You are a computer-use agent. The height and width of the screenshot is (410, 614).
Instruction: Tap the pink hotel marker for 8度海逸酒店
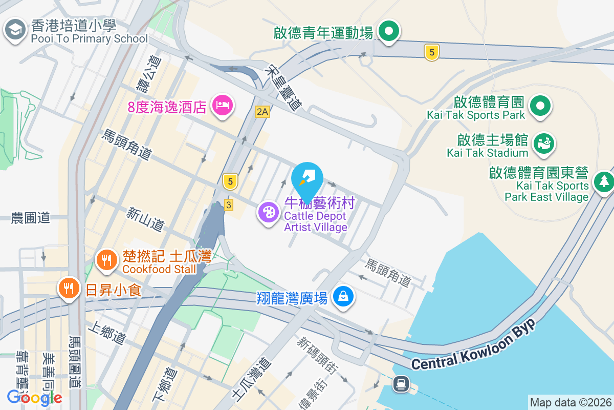tap(222, 106)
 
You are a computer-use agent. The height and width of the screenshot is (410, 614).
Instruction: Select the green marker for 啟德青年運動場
tap(389, 32)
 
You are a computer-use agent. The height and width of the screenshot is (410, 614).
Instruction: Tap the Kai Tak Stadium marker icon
tap(543, 143)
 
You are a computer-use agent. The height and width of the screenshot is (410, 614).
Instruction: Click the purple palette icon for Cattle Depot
tap(269, 212)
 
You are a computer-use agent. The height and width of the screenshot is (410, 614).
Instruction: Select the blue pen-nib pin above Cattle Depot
tap(307, 179)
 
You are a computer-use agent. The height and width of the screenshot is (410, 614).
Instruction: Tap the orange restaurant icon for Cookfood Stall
tap(106, 260)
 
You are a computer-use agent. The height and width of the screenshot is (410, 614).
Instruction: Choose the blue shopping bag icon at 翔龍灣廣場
tap(343, 297)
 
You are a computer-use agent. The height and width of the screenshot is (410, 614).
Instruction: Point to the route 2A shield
tap(262, 111)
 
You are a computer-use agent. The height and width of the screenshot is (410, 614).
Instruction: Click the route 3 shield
tap(228, 205)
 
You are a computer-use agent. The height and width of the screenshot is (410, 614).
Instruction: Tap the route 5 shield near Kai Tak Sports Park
tap(432, 52)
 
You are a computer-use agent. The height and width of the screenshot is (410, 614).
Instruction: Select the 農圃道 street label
tap(31, 218)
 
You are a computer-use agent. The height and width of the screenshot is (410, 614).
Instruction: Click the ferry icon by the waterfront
tap(401, 383)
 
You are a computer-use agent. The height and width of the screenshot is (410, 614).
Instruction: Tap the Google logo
tap(34, 397)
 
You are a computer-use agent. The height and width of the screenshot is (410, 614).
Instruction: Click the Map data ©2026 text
tap(571, 402)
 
